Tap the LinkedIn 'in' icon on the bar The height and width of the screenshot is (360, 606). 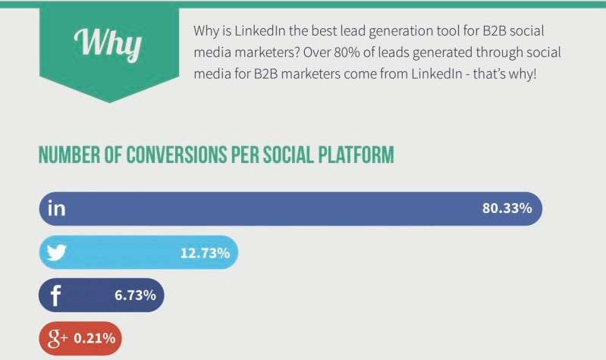(57, 208)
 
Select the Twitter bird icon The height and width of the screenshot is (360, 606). (57, 252)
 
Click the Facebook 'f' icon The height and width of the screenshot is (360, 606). (55, 296)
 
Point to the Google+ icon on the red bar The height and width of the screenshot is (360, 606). (57, 338)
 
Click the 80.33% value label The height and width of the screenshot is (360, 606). (507, 208)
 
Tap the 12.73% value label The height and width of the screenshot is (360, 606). (204, 252)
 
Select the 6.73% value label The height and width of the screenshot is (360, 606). (135, 296)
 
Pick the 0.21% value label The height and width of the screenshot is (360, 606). (95, 338)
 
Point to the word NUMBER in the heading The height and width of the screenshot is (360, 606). (66, 156)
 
